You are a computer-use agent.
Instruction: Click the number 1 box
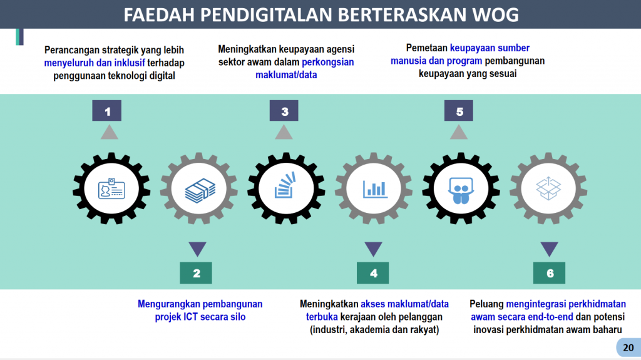click(x=106, y=110)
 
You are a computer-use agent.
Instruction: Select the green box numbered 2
click(x=196, y=273)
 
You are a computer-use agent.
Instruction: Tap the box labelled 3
click(x=284, y=110)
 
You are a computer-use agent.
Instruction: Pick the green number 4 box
click(x=373, y=273)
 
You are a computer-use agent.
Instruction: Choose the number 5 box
click(x=459, y=110)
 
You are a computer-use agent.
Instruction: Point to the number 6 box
click(x=550, y=273)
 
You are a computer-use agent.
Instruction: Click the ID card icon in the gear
click(x=111, y=188)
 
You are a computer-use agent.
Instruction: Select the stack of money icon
click(x=200, y=190)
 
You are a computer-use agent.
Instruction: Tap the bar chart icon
click(x=375, y=189)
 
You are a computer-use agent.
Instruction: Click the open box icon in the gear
click(x=548, y=188)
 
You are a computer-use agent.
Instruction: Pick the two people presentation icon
click(x=461, y=190)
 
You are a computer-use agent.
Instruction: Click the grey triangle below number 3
click(x=284, y=132)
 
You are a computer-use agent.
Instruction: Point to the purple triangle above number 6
click(x=550, y=249)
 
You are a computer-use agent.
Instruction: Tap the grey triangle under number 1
click(x=109, y=132)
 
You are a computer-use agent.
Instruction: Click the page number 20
click(x=628, y=347)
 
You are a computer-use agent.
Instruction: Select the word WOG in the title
click(x=495, y=15)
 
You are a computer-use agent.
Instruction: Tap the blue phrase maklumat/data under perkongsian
click(x=286, y=75)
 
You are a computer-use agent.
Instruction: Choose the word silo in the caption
click(x=237, y=317)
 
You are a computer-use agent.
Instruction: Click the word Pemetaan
click(x=426, y=48)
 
